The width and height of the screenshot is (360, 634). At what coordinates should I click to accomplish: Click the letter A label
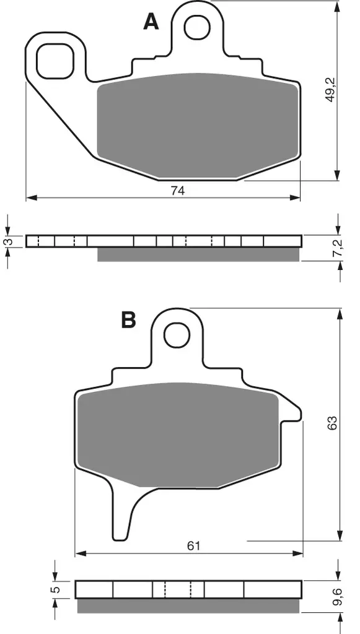(151, 22)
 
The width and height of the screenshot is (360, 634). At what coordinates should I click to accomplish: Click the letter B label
(128, 319)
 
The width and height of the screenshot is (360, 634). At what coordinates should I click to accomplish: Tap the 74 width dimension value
(178, 191)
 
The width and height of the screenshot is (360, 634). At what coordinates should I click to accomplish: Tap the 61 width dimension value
(193, 545)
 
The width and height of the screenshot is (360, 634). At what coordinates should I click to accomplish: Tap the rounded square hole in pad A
(55, 61)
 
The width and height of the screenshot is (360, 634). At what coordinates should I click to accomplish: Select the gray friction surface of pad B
(177, 433)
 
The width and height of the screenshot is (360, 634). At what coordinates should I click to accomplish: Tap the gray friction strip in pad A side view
(198, 254)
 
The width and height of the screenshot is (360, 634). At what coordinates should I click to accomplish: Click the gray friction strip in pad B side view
(189, 606)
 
